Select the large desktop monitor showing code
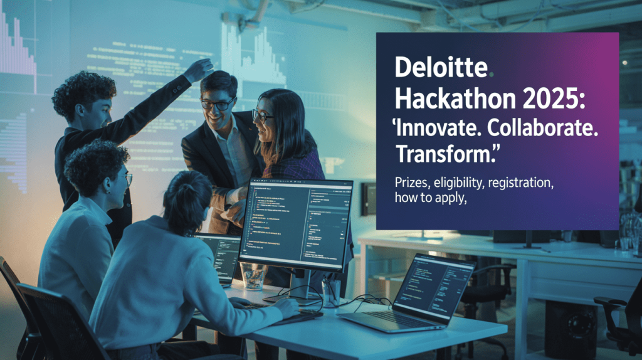pos(295,223)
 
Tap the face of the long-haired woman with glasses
pos(263,119)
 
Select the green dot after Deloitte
pos(492,75)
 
